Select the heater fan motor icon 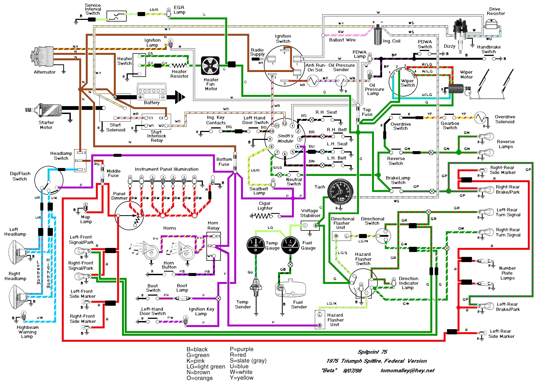[x=210, y=66]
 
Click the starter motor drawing [x=45, y=110]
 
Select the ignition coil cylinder [x=378, y=35]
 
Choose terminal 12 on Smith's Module [x=285, y=124]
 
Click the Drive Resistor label [x=496, y=11]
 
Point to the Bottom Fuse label [x=224, y=161]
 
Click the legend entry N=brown [x=198, y=372]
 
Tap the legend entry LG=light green [x=206, y=366]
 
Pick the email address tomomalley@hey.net [x=407, y=370]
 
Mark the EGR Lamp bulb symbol [x=169, y=11]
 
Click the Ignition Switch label [x=283, y=38]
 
